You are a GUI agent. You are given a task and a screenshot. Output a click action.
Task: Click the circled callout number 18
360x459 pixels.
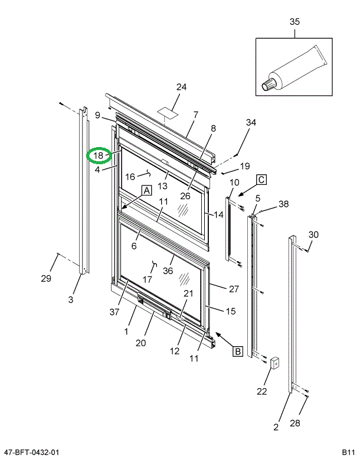tap(99, 155)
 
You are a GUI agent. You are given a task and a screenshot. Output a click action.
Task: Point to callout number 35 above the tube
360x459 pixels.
tap(294, 22)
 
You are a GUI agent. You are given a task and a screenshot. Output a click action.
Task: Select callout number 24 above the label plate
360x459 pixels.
tap(181, 87)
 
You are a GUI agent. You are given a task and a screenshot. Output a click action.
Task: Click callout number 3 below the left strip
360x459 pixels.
tap(71, 300)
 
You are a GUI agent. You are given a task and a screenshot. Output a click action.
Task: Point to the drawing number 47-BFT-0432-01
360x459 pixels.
tap(30, 453)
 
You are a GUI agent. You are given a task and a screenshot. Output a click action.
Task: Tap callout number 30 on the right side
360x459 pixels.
tap(313, 235)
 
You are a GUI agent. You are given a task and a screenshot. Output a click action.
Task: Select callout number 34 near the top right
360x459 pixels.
tap(251, 123)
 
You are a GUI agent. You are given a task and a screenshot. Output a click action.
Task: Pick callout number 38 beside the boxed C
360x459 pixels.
tap(284, 204)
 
